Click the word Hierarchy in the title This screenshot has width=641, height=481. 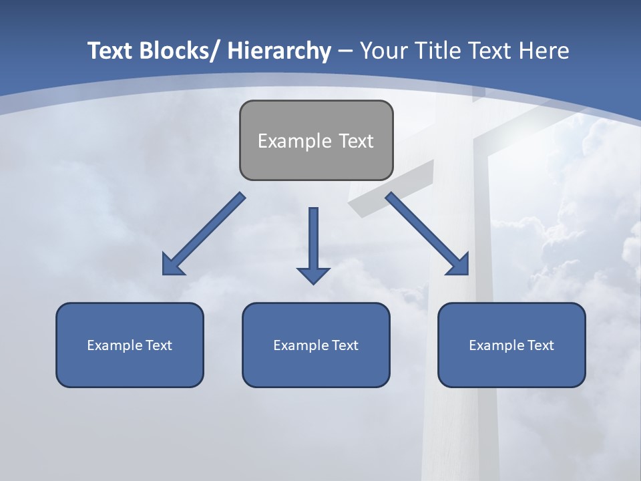click(x=279, y=51)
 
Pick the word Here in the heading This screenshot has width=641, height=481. click(x=543, y=51)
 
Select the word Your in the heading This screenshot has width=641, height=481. click(x=383, y=51)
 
